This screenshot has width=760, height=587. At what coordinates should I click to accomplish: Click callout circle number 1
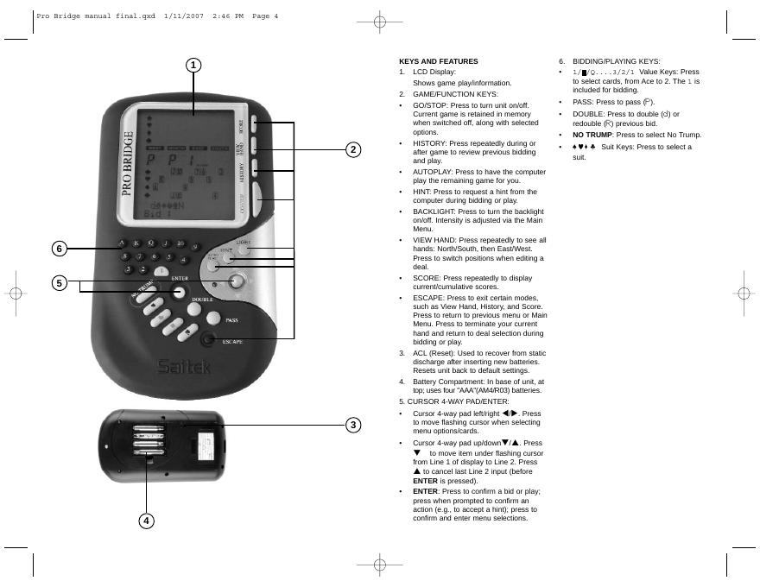tap(194, 66)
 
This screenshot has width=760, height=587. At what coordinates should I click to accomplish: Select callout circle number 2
tap(352, 149)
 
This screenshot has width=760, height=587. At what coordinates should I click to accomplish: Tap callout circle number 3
tap(352, 425)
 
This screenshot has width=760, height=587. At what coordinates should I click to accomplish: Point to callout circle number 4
tap(146, 521)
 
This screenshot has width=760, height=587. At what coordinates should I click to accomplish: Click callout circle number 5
tap(60, 282)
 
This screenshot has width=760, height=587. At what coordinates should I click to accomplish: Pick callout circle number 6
tap(60, 249)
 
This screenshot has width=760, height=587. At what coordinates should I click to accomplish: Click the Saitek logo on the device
tap(185, 367)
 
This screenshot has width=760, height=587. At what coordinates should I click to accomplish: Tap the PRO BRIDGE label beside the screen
tap(129, 164)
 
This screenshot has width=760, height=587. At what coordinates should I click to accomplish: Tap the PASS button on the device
tap(214, 319)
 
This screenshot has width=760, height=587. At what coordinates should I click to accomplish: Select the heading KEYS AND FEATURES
tap(438, 62)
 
